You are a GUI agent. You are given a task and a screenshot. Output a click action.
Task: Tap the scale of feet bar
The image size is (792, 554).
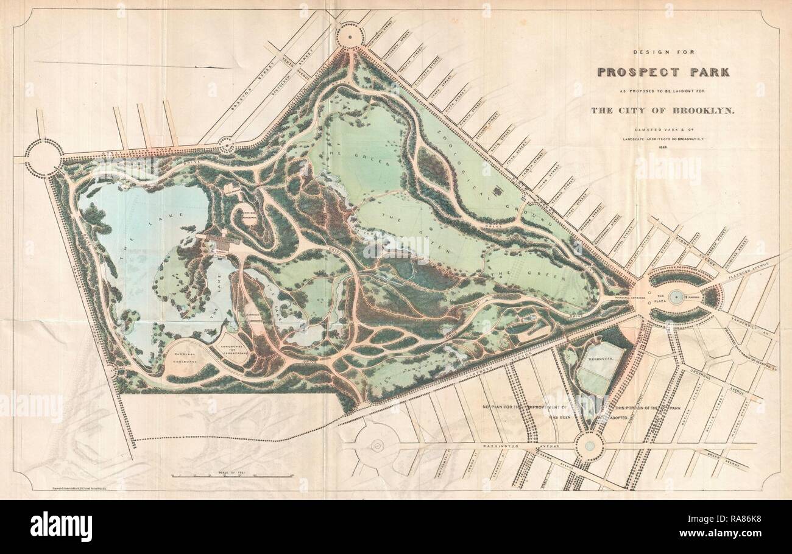click(x=232, y=475)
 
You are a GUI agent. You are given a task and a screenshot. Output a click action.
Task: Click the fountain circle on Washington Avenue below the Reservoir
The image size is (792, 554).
click(x=589, y=446)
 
